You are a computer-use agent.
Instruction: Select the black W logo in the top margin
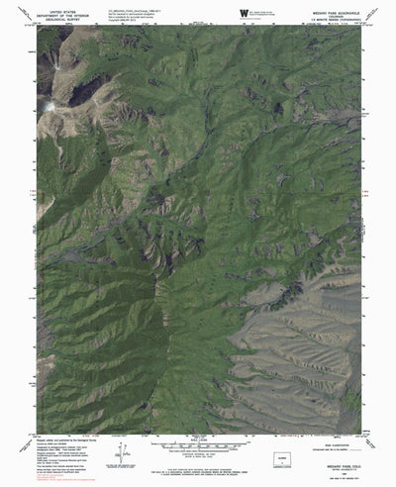pos(216,11)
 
